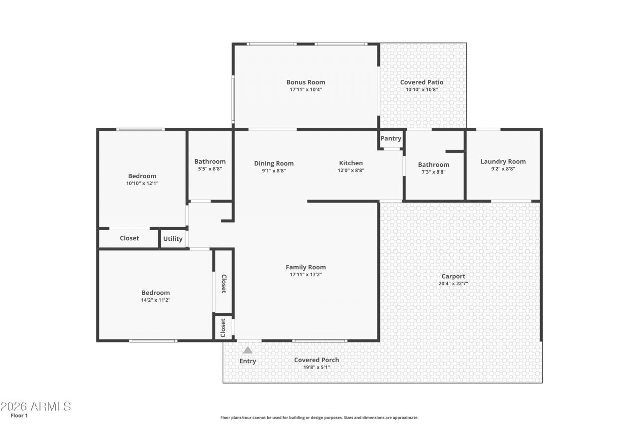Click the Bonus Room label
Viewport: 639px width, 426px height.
pyautogui.click(x=306, y=82)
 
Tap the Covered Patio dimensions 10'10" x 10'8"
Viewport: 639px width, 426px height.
pyautogui.click(x=421, y=90)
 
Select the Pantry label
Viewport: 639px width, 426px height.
pyautogui.click(x=391, y=138)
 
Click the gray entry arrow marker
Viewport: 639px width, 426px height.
pyautogui.click(x=248, y=350)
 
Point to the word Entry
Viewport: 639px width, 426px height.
pyautogui.click(x=248, y=361)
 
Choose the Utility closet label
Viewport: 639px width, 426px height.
pyautogui.click(x=173, y=239)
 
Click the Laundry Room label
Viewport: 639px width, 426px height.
pyautogui.click(x=503, y=161)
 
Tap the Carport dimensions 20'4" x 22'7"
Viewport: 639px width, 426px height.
pyautogui.click(x=453, y=284)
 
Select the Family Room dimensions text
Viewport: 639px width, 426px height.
pyautogui.click(x=306, y=274)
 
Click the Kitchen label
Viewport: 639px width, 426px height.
pyautogui.click(x=351, y=163)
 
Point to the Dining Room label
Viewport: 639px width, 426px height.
pyautogui.click(x=274, y=163)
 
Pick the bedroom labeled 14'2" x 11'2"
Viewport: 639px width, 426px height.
pyautogui.click(x=155, y=296)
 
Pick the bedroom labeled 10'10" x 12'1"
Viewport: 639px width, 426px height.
pyautogui.click(x=142, y=179)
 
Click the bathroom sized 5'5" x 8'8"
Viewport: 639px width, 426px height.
pyautogui.click(x=210, y=165)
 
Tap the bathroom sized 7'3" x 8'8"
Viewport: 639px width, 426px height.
pyautogui.click(x=433, y=168)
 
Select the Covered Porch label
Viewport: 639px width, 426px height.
pyautogui.click(x=317, y=360)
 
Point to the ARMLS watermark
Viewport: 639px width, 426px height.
pyautogui.click(x=36, y=407)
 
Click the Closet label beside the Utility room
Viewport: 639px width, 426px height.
pyautogui.click(x=129, y=238)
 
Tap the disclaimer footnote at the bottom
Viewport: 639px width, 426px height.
pyautogui.click(x=319, y=418)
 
